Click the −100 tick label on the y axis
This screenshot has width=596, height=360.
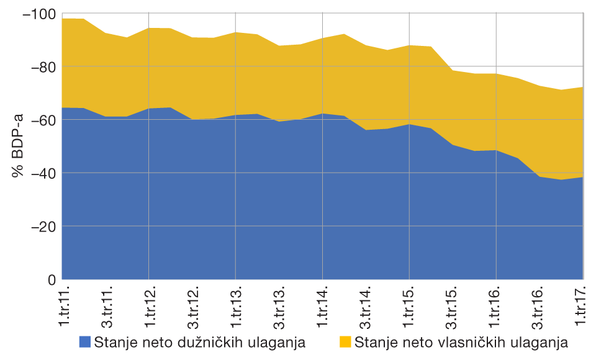(38, 14)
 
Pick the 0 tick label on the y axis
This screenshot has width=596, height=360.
(52, 280)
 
